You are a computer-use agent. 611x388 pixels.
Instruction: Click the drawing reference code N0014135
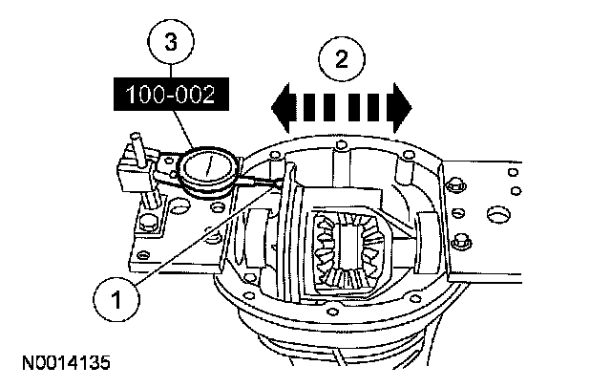(x=62, y=363)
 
